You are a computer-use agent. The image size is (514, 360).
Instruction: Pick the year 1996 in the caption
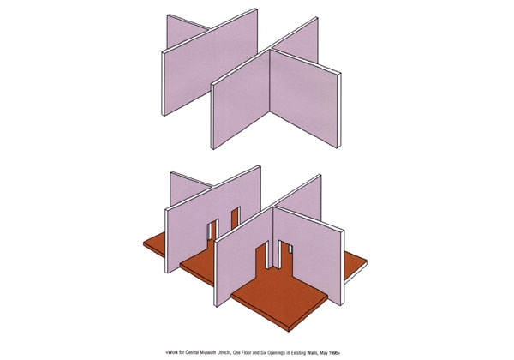tap(334, 353)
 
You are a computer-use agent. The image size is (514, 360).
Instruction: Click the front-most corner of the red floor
tap(289, 331)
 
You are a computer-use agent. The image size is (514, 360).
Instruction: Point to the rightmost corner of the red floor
tap(367, 261)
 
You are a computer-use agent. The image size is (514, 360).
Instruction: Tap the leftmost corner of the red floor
tap(144, 243)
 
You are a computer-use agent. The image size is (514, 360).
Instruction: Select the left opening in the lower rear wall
tap(212, 231)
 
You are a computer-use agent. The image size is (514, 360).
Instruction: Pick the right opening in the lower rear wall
tap(236, 217)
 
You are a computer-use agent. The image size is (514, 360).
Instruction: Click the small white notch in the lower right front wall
tap(290, 249)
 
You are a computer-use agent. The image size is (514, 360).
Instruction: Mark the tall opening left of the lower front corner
tap(262, 255)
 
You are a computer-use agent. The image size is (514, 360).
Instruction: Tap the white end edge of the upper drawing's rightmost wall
tap(339, 111)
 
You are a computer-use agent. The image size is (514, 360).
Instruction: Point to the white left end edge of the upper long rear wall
tap(163, 84)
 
